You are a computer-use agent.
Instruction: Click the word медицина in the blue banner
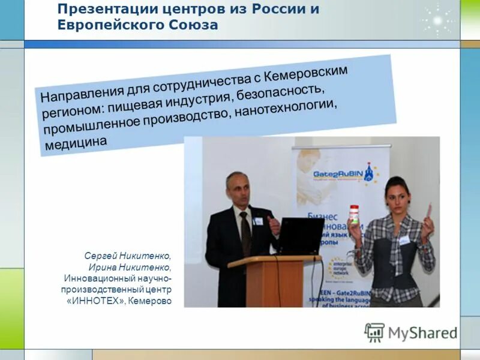point(76,142)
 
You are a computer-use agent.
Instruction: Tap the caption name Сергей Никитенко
point(128,256)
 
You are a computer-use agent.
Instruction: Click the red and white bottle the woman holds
point(354,215)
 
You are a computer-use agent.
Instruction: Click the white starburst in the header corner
point(437,20)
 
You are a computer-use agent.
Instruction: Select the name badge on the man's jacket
point(259,221)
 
